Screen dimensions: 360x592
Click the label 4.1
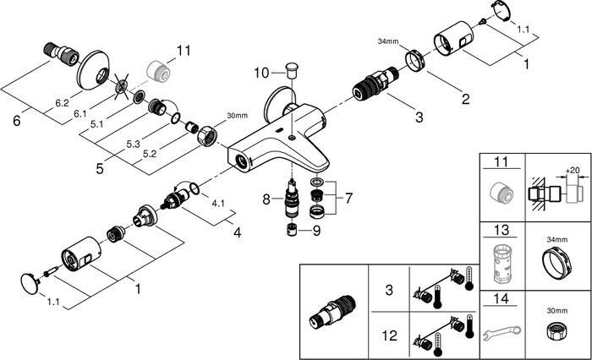(217, 203)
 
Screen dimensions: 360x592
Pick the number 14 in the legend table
(502, 298)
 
